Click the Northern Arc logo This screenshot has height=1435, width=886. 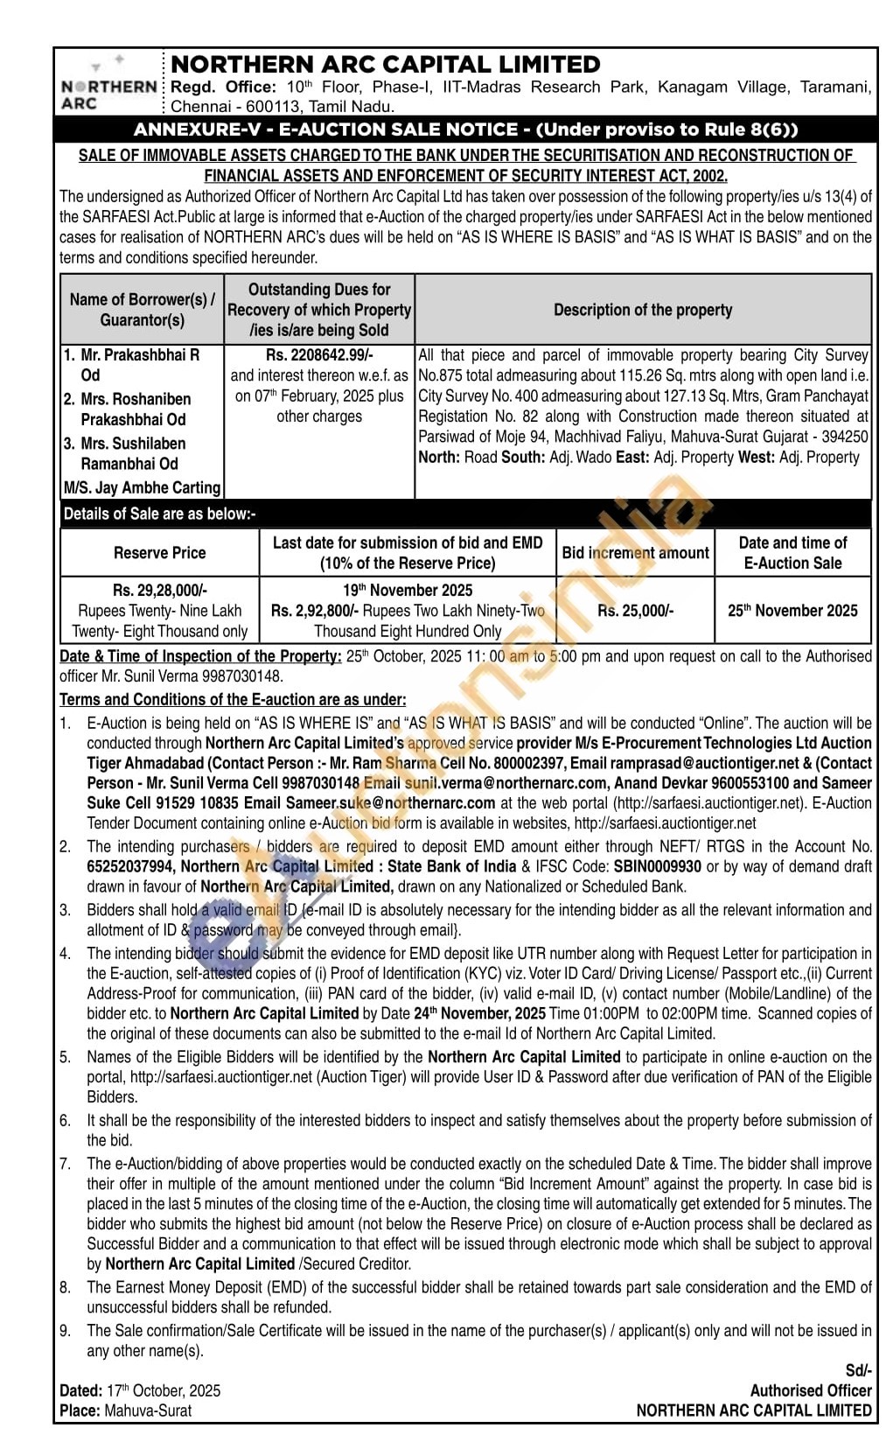(108, 85)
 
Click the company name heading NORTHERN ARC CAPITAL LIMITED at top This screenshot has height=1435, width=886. (386, 65)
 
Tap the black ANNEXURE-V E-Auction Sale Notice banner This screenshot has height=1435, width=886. (465, 129)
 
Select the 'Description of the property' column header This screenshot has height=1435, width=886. (643, 310)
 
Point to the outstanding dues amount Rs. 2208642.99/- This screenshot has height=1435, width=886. (319, 355)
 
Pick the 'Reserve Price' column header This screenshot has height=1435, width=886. (159, 553)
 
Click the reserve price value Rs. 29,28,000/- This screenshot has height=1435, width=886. (160, 591)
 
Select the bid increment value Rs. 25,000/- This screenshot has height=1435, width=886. (636, 611)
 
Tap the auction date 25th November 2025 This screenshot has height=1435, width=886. (792, 611)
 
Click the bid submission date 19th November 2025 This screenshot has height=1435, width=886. (408, 591)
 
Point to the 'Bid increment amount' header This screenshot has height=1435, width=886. (636, 553)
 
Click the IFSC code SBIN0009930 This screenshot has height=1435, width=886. (657, 866)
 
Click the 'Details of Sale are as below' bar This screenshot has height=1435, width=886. (160, 514)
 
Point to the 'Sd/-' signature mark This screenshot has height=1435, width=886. (858, 1371)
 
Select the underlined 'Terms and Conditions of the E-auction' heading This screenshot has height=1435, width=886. (233, 700)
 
